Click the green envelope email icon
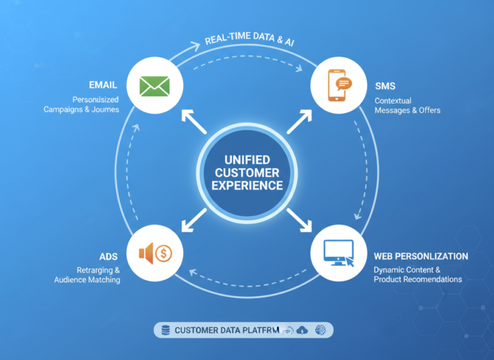pos(154,86)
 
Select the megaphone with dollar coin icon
pos(155,253)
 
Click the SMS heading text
pos(386,86)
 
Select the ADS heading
pos(108,256)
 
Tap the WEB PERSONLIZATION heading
pos(421,256)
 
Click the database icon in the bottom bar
pos(165,330)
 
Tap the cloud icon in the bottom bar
pos(302,330)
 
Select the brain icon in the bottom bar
pos(320,330)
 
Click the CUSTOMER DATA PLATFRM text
pos(226,330)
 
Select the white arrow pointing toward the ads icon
pos(193,219)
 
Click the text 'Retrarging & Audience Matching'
pos(89,274)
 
